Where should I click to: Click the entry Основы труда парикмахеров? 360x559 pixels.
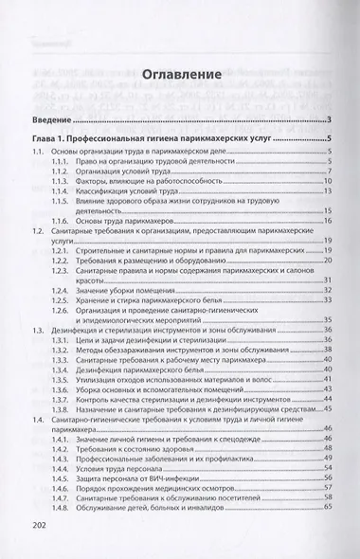pyautogui.click(x=131, y=220)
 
